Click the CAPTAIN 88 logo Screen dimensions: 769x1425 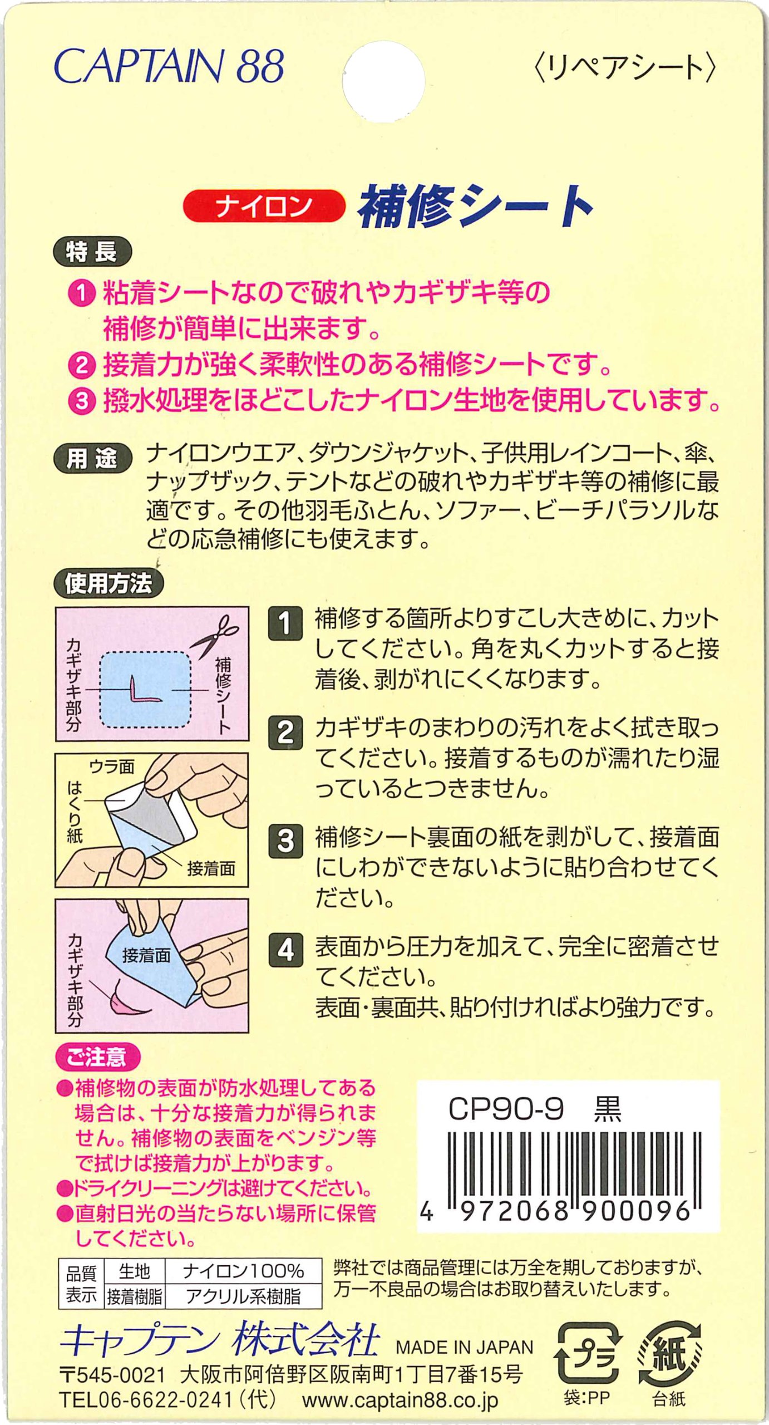coord(169,66)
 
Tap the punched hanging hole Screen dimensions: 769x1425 coord(383,81)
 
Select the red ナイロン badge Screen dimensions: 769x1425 coord(264,206)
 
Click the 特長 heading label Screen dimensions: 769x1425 coord(92,252)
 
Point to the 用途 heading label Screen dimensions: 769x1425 coord(92,459)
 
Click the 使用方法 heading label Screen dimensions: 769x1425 coord(109,583)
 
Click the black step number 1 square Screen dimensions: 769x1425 coord(285,623)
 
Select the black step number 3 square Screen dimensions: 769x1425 coord(285,841)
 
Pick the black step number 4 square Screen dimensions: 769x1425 coord(285,950)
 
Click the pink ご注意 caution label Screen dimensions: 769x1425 coord(98,1057)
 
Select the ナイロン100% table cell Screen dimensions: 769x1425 coord(243,1271)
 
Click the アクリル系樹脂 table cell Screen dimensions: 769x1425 coord(243,1296)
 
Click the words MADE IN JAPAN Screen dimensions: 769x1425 coord(465,1347)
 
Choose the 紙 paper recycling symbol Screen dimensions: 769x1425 coord(669,1355)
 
